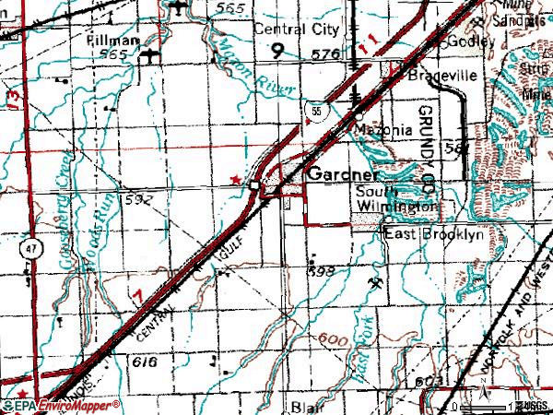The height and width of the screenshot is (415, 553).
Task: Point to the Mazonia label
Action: (x=383, y=130)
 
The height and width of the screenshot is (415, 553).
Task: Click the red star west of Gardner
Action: (x=236, y=178)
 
